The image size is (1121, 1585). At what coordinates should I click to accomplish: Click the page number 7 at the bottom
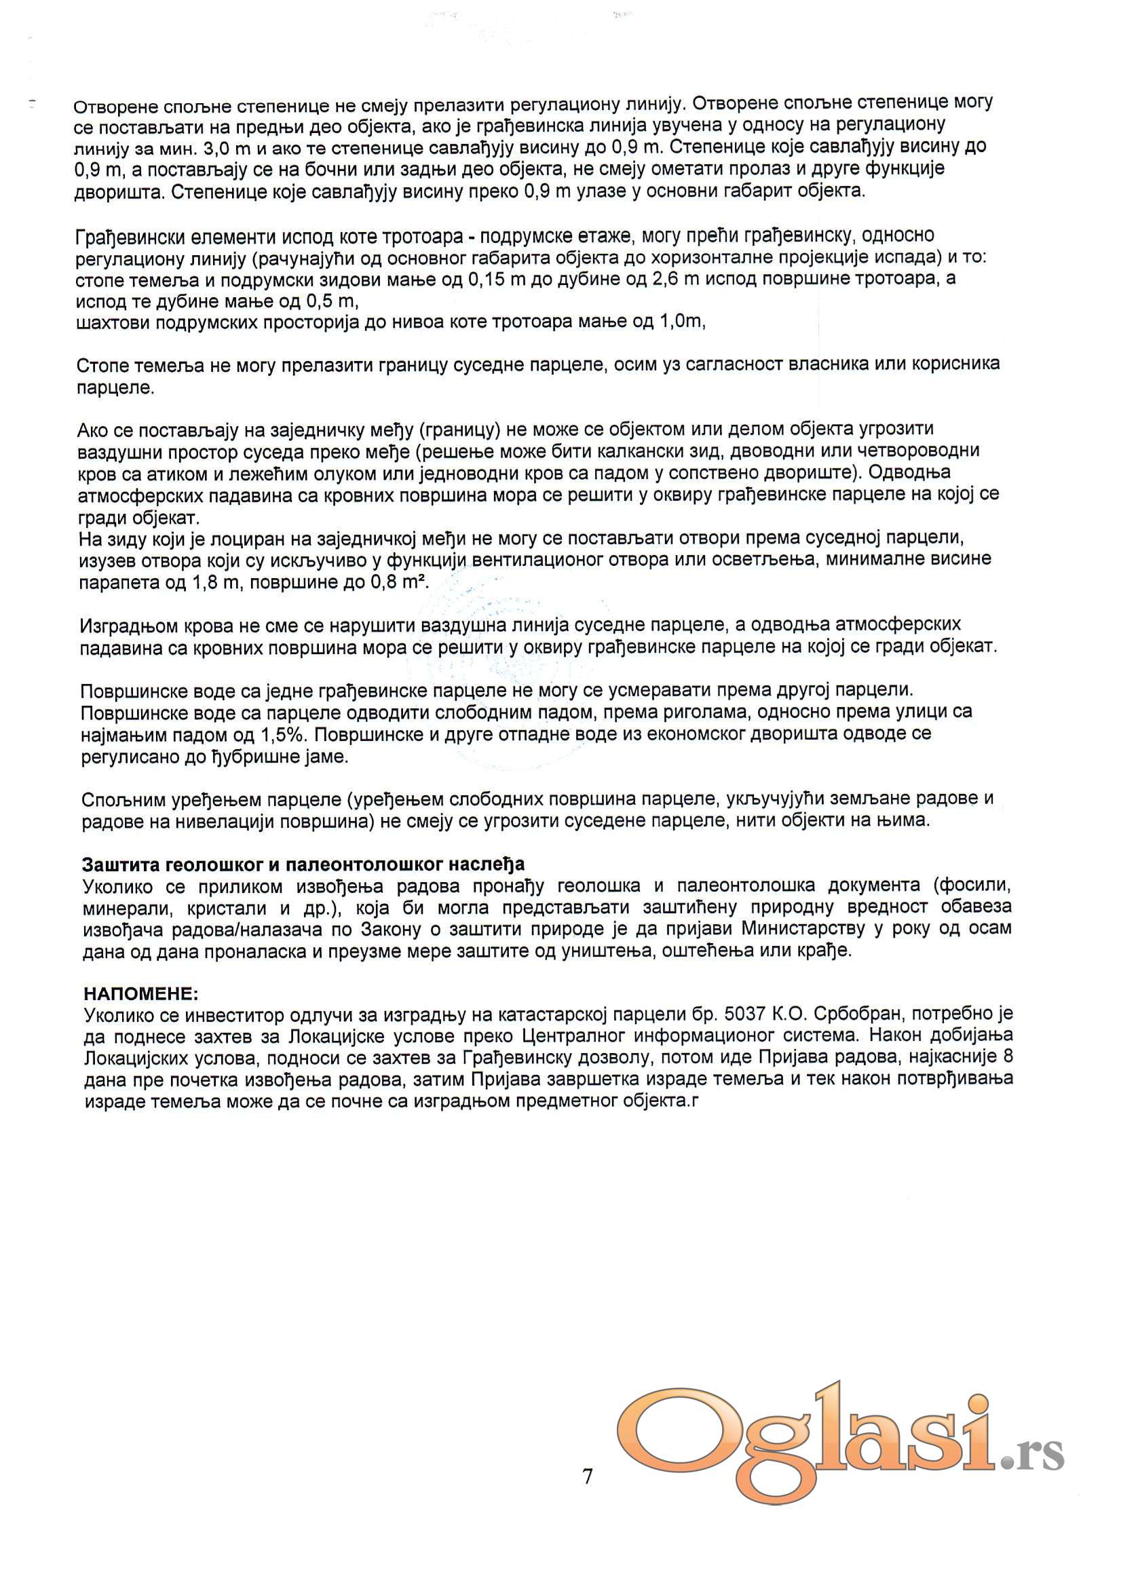[588, 1476]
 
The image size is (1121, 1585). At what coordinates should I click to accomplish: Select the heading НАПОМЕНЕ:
[141, 994]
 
